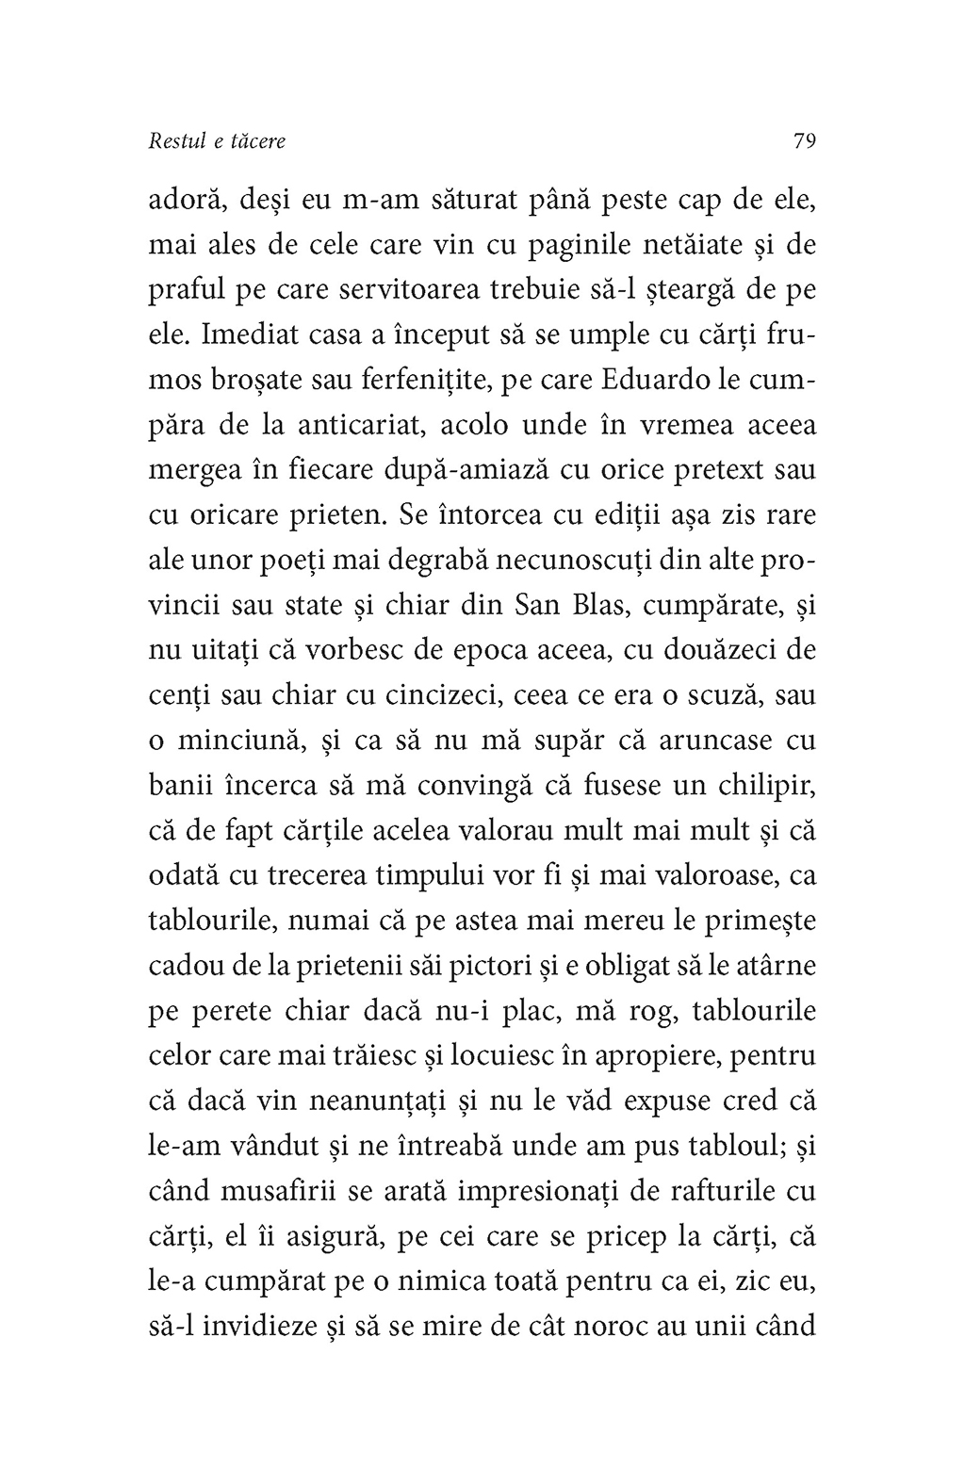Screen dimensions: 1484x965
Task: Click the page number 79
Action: pos(804,141)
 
